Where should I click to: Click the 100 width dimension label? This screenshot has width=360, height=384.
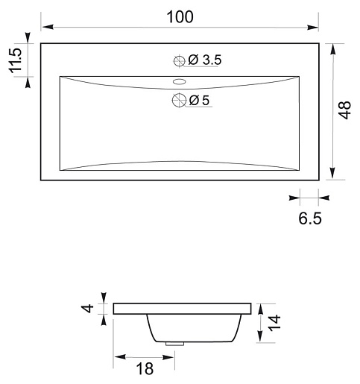click(x=180, y=17)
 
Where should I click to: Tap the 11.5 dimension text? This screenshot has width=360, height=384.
click(x=16, y=60)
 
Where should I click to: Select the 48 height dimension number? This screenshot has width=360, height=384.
click(x=344, y=110)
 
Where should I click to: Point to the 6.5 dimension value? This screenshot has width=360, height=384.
click(x=310, y=218)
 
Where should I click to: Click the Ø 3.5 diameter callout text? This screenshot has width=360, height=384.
click(x=204, y=60)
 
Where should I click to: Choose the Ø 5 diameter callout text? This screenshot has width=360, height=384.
click(x=199, y=101)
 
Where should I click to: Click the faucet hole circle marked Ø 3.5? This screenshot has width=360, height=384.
click(x=179, y=60)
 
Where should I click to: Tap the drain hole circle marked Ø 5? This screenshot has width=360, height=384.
click(x=179, y=100)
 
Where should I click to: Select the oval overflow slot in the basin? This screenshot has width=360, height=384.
click(x=179, y=81)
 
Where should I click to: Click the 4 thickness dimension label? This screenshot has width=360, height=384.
click(x=87, y=309)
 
